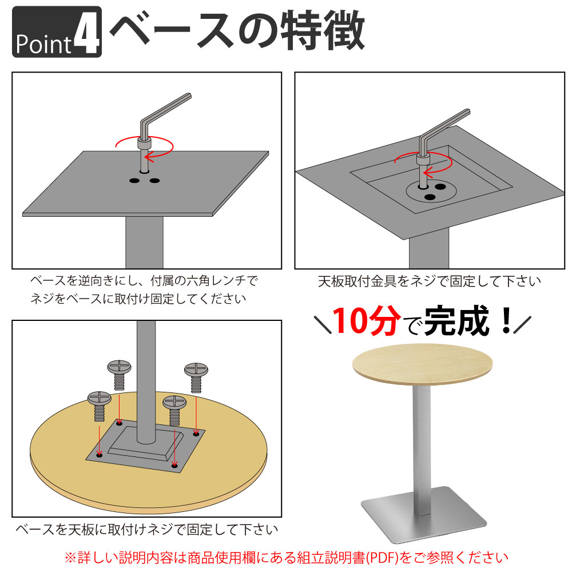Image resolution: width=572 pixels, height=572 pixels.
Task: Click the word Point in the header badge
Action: (x=43, y=43)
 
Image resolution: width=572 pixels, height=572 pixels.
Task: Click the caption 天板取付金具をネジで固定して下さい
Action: (x=429, y=281)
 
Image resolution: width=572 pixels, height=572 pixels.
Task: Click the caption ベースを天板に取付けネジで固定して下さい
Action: (x=146, y=529)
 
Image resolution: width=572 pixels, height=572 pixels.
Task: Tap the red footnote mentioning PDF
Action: (x=286, y=557)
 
